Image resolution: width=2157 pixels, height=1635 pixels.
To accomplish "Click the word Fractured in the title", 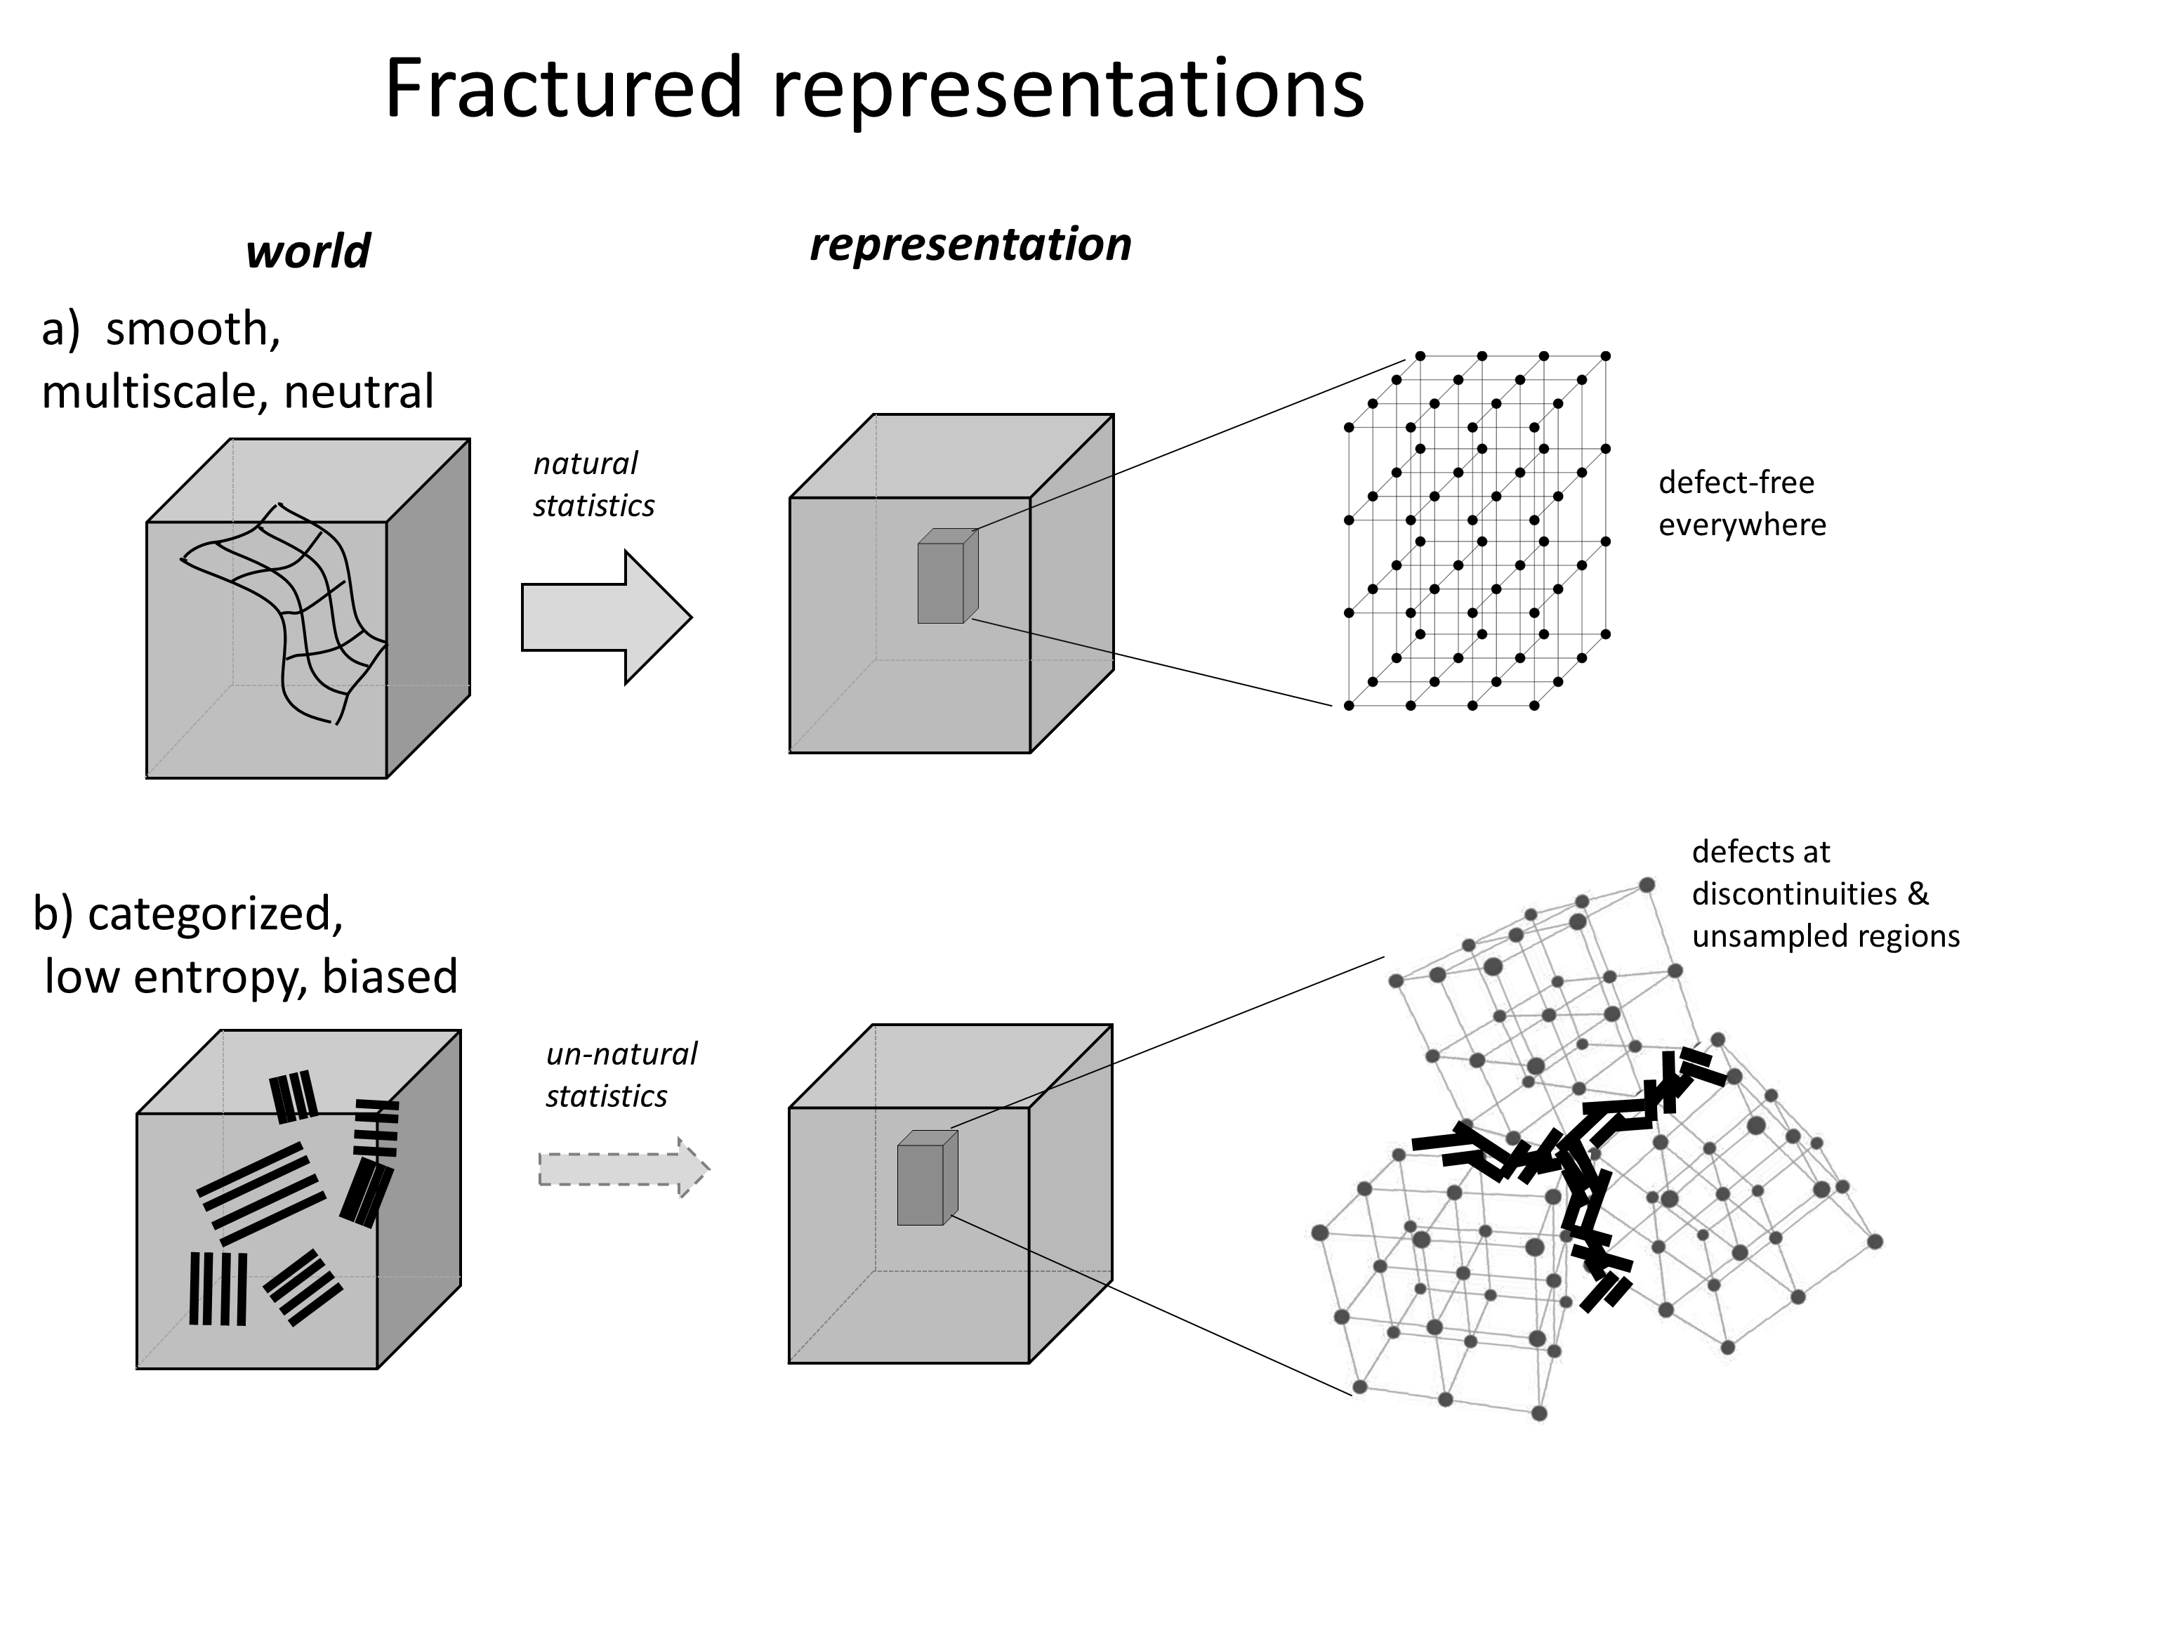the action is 565,88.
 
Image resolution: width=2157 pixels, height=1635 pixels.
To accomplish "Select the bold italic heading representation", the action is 970,244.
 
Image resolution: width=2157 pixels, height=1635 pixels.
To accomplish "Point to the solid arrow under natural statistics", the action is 607,617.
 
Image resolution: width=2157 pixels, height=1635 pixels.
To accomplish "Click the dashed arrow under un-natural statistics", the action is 624,1168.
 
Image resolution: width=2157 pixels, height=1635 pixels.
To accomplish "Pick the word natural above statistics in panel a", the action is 585,464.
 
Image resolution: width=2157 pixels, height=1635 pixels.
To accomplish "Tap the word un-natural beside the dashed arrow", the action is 622,1055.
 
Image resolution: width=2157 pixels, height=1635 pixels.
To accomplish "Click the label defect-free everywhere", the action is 1741,504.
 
